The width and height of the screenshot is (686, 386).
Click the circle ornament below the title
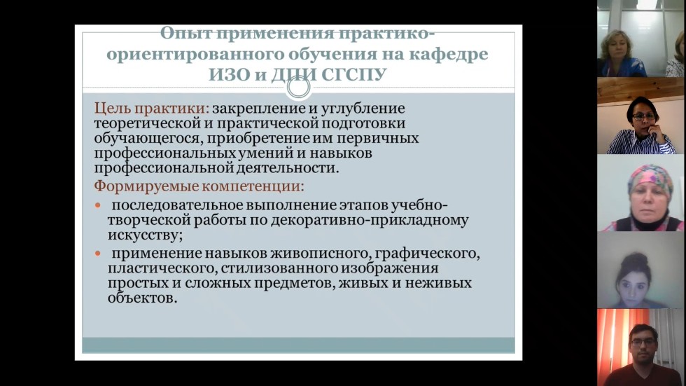coord(299,88)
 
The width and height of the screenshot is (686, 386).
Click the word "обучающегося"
coord(141,138)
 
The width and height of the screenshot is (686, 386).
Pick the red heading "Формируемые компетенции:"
coord(199,187)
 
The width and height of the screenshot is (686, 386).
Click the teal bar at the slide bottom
coord(298,345)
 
